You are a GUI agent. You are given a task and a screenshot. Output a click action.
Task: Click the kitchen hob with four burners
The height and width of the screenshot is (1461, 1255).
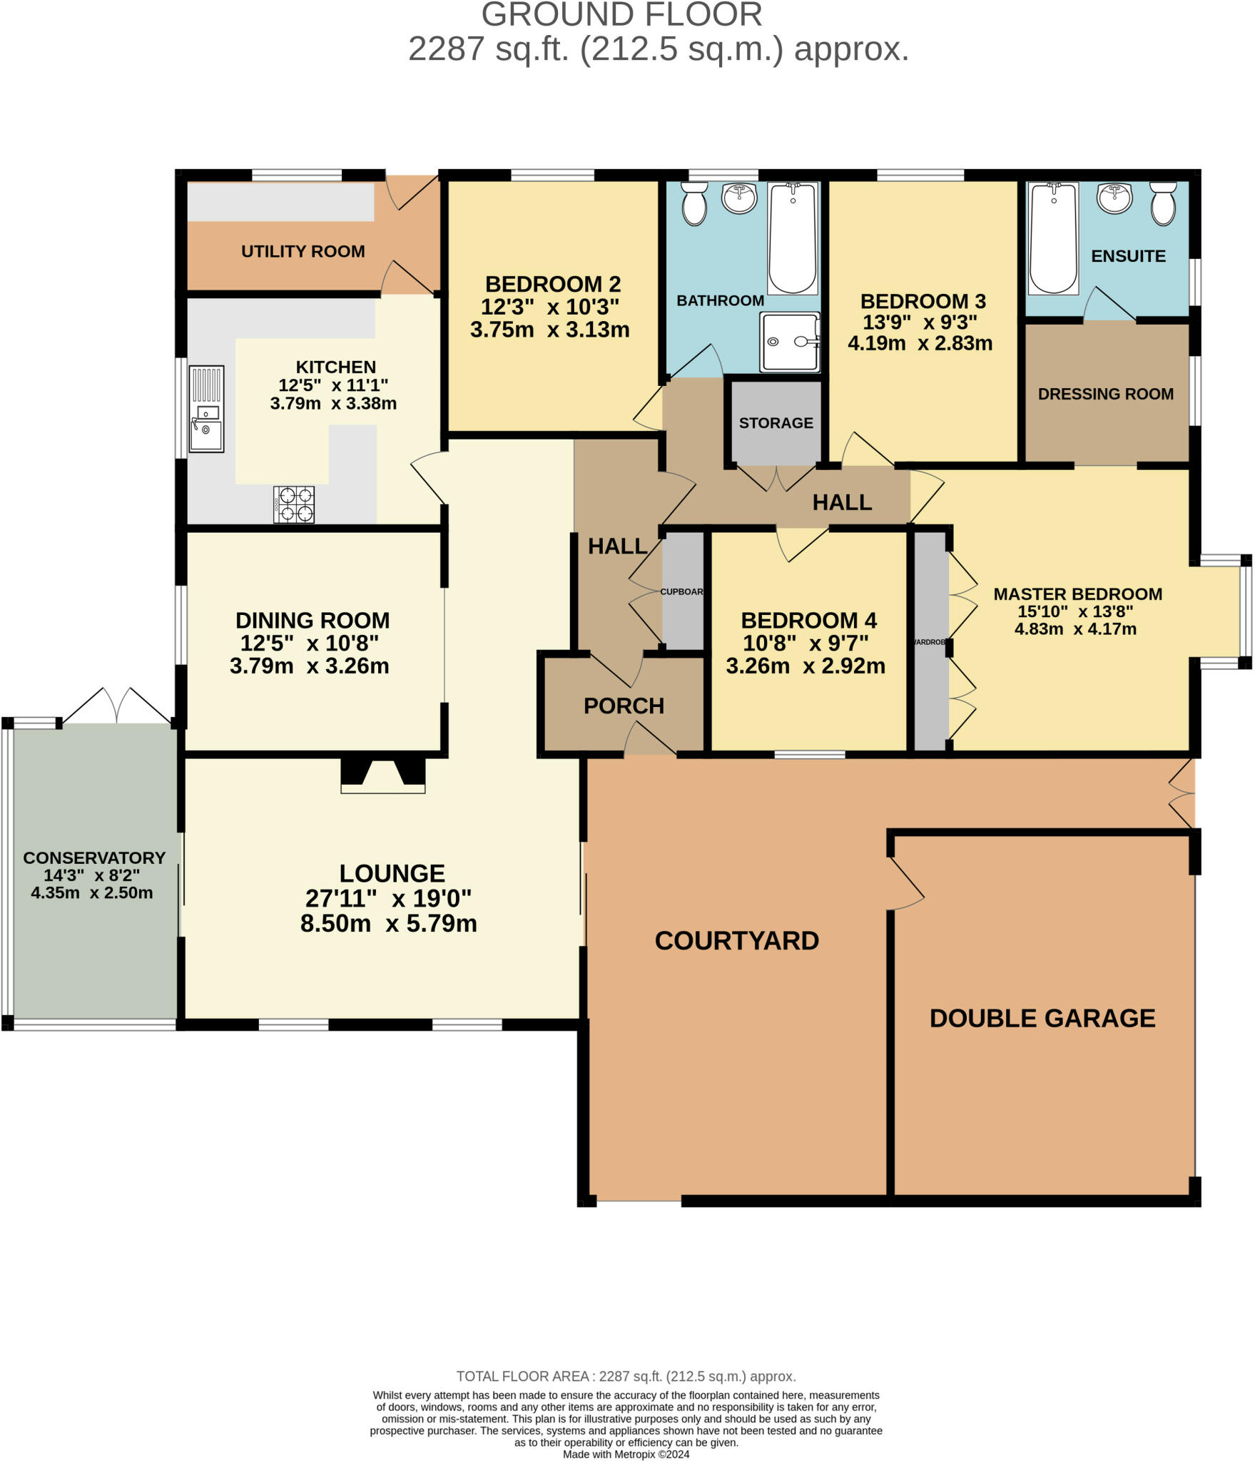(x=294, y=504)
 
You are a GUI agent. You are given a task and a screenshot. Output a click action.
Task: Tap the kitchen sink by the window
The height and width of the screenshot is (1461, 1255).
(x=206, y=409)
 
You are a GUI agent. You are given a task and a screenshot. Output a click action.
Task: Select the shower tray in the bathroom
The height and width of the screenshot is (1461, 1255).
(x=790, y=342)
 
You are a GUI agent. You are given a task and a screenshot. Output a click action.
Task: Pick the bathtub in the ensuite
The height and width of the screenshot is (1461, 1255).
(x=1053, y=238)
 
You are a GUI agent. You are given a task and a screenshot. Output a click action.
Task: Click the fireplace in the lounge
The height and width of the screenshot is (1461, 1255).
(x=383, y=775)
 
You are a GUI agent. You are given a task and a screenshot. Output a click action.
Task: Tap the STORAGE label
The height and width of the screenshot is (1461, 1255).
(x=776, y=423)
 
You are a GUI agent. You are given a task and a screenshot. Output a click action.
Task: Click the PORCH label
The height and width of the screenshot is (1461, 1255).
(x=624, y=706)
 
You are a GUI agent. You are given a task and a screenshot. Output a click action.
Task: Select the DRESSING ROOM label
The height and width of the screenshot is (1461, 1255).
(x=1105, y=394)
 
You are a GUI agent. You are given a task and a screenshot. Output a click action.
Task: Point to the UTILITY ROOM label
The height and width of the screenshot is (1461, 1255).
(x=303, y=251)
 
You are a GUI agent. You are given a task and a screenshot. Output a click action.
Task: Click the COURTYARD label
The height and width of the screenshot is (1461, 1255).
(x=736, y=940)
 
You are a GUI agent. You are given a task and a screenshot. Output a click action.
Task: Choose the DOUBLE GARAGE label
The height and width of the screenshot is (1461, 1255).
(x=1042, y=1017)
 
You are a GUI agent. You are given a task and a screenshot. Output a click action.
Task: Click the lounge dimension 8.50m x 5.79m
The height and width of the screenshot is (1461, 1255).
(x=388, y=923)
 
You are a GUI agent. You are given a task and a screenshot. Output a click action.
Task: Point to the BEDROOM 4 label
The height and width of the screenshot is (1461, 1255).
(x=808, y=620)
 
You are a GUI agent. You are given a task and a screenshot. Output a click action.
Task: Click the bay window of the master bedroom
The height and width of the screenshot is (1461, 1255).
(x=1244, y=611)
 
